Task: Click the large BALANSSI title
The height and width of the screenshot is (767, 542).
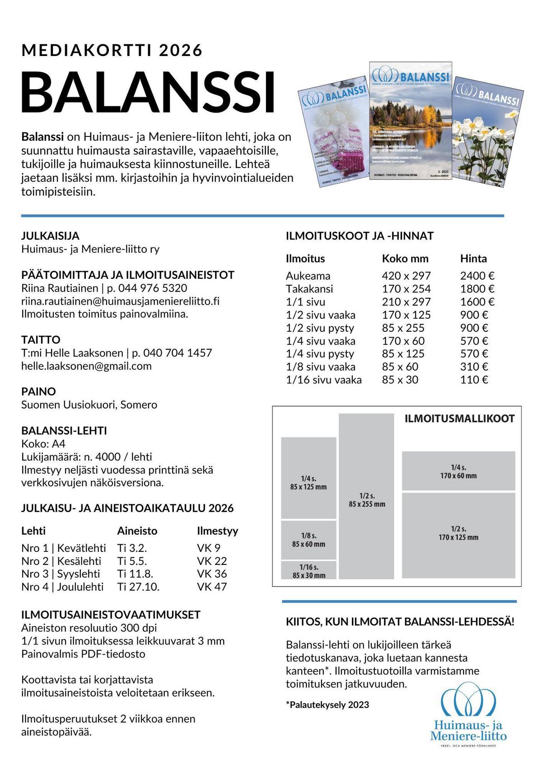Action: point(148,93)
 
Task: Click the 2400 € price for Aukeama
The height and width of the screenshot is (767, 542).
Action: point(477,276)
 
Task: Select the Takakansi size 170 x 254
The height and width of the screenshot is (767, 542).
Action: point(406,289)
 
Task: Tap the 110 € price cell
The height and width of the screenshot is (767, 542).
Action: point(474,380)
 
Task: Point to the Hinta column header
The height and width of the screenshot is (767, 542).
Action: point(473,259)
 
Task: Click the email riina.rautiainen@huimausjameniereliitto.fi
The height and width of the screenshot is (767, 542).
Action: point(120,301)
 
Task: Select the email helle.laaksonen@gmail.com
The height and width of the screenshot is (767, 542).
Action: point(86,366)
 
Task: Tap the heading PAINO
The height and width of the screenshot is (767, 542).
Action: point(38,391)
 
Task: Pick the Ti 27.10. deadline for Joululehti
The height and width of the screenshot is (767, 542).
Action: point(138,587)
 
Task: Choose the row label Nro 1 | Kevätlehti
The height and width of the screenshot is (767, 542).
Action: point(63,548)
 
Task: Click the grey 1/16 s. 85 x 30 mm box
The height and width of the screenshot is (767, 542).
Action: point(308,570)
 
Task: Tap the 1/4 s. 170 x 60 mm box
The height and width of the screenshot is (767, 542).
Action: point(458,471)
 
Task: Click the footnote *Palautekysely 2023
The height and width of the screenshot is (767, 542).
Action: point(327,705)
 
